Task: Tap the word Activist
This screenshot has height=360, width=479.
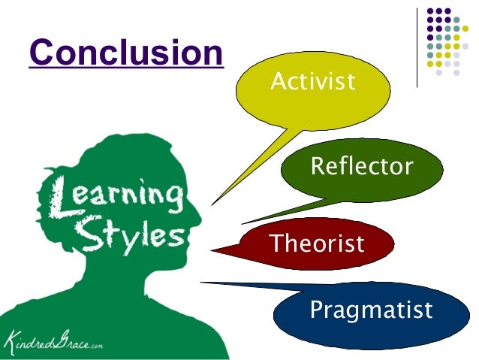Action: coord(312,82)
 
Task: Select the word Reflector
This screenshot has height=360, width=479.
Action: coord(361,166)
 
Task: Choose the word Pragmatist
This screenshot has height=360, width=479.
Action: coord(371,309)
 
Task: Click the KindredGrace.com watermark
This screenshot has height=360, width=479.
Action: coord(53,341)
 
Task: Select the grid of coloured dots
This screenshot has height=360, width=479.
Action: coord(448,42)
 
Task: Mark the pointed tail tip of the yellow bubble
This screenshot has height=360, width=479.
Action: coord(212,204)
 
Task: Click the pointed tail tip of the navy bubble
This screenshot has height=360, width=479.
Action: coord(201,283)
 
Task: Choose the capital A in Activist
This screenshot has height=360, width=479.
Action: coord(276,82)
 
